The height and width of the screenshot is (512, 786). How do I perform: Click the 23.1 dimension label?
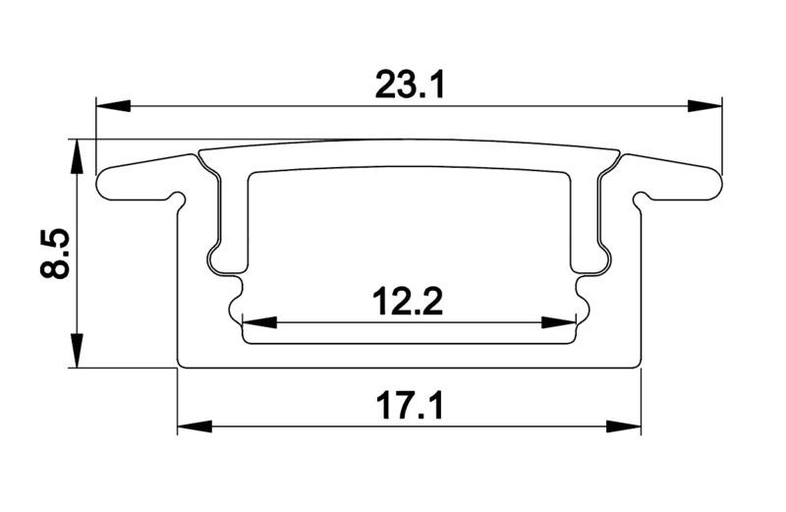coord(410,85)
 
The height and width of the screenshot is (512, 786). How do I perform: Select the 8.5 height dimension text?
coord(54,254)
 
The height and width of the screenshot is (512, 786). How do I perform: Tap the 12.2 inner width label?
coord(408,302)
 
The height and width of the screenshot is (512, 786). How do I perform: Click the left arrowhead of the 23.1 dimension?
coord(113,106)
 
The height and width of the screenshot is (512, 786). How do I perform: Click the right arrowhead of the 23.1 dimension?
coord(704,106)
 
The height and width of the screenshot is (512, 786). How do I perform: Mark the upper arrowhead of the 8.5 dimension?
coord(76,156)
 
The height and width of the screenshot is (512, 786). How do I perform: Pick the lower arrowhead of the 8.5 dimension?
coord(76,350)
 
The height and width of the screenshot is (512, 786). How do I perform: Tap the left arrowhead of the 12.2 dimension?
coord(259,322)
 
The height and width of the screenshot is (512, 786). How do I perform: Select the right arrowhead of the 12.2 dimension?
coord(559,322)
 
